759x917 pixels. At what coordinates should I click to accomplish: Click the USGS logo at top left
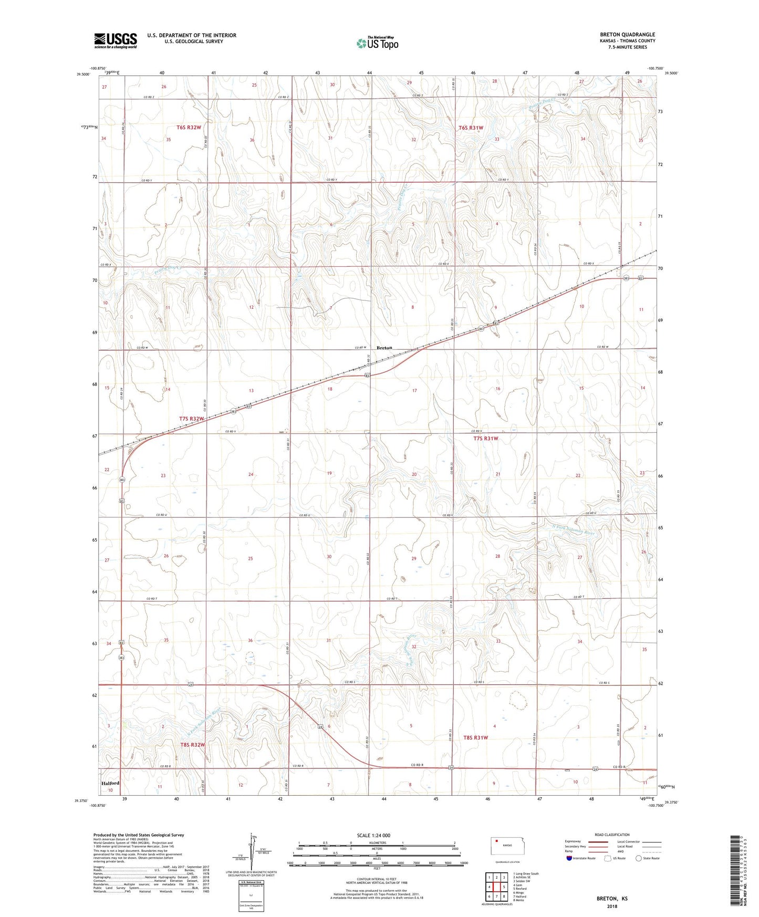coord(116,40)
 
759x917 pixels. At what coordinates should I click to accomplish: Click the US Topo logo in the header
coord(377,43)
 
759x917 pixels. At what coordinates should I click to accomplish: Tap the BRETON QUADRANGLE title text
coord(627,35)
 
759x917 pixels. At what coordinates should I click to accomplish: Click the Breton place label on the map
coord(384,348)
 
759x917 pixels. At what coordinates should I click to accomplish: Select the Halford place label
coord(110,783)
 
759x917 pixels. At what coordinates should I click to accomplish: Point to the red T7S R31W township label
coord(485,438)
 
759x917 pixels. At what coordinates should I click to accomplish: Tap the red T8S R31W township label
coord(475,737)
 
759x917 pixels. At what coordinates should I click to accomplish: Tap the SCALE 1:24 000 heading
coord(373,836)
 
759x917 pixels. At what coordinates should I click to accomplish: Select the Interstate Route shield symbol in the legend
coord(570,858)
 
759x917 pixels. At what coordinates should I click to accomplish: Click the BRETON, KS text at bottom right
coord(611,899)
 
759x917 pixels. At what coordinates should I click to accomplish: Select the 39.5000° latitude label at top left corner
coord(83,75)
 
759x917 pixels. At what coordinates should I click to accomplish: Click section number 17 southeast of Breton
coord(414,391)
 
